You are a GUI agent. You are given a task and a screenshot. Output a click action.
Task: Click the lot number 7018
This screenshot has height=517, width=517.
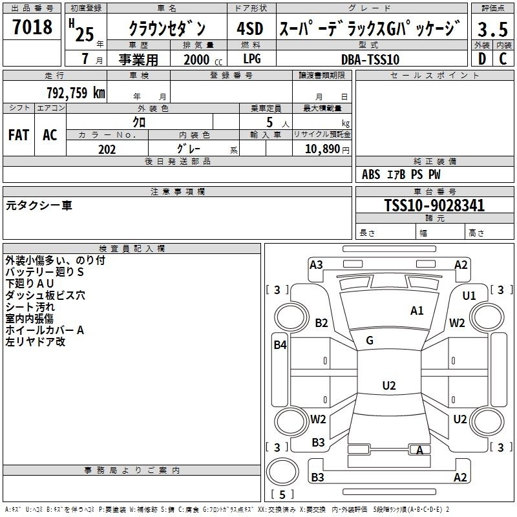point(32,27)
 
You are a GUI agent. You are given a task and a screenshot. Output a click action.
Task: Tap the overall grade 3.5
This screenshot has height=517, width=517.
point(492,29)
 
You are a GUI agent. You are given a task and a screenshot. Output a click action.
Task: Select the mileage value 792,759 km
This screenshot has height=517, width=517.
point(76,92)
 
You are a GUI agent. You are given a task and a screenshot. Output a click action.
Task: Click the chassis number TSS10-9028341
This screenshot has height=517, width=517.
point(434,205)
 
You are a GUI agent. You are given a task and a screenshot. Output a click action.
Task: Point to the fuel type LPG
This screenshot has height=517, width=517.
point(252,59)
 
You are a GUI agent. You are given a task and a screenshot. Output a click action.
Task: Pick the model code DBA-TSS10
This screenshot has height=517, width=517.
point(370,59)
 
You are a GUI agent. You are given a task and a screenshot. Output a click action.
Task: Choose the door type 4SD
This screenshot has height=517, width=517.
point(250,28)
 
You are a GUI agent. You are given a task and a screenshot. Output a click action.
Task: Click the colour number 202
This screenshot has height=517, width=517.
point(107,149)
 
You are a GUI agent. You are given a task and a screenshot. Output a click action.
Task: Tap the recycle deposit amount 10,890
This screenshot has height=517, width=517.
point(322,149)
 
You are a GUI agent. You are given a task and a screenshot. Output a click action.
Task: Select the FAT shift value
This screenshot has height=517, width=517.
point(19,135)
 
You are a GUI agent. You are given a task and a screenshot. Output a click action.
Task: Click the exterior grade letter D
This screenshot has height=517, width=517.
point(482,59)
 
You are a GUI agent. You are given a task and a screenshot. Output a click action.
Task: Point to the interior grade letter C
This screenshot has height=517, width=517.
point(503,59)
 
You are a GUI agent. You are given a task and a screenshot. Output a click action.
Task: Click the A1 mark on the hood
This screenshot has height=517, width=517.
point(417,310)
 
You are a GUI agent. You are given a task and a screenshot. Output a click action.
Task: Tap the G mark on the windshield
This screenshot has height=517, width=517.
point(370,341)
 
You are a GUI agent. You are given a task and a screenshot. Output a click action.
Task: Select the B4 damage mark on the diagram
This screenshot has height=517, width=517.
point(280,345)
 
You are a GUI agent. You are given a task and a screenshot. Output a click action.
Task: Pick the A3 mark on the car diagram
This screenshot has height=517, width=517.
point(316,265)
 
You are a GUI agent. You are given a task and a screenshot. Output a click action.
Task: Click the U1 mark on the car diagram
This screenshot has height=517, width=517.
point(469,296)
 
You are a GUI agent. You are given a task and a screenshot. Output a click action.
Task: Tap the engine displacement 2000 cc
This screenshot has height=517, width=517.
point(203,59)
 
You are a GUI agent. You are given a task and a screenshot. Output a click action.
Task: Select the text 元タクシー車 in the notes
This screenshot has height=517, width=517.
point(39,206)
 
